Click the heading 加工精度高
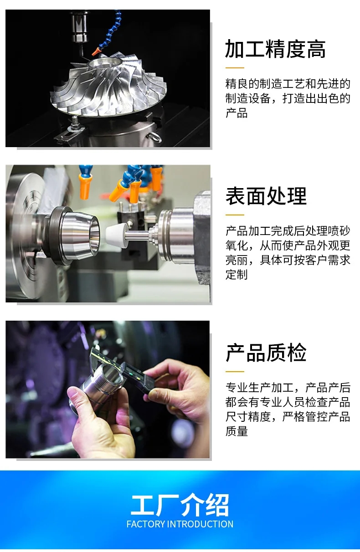click(275, 49)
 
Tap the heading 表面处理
click(266, 196)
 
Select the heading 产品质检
click(266, 353)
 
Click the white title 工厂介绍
click(180, 505)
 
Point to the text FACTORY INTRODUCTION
click(180, 524)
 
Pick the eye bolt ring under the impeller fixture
click(155, 137)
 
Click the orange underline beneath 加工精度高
click(235, 67)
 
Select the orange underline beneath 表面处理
click(235, 215)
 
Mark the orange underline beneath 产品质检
click(235, 371)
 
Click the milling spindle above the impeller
click(79, 28)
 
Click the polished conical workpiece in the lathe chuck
click(77, 235)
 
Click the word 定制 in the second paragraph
click(237, 275)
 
